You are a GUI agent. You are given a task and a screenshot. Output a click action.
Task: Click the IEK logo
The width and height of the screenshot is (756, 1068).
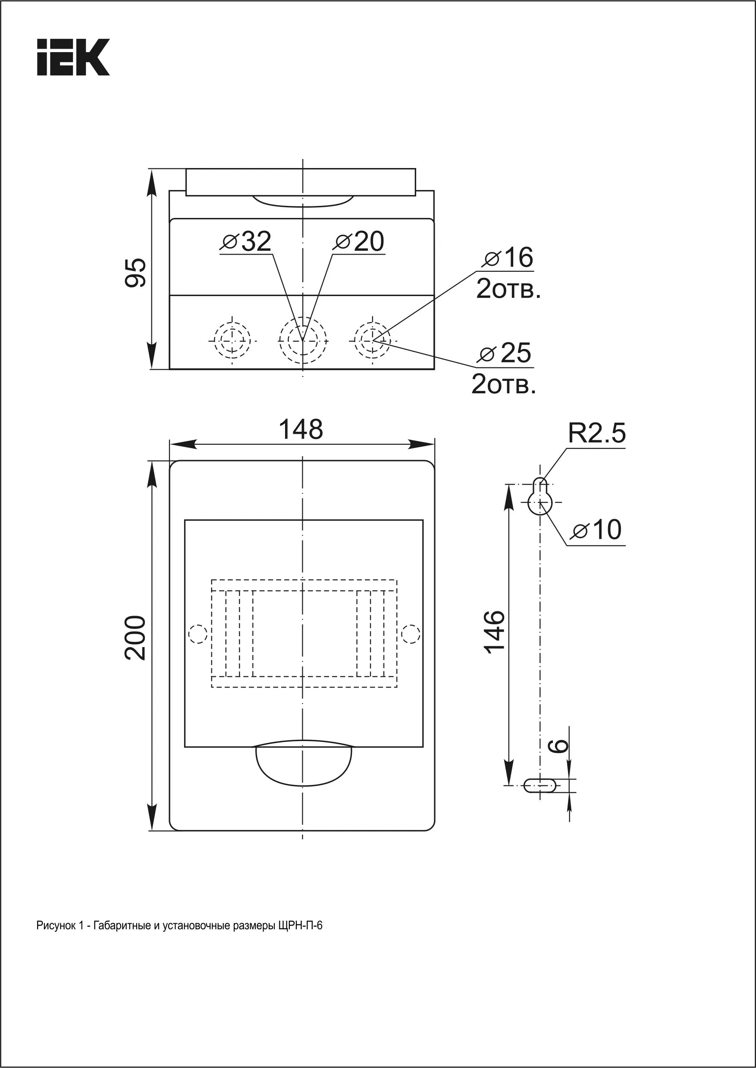[x=74, y=57]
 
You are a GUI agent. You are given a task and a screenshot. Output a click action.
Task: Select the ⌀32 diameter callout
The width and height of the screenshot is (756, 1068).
[x=246, y=242]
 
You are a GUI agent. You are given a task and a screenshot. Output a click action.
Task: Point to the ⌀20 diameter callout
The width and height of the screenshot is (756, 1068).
[x=359, y=242]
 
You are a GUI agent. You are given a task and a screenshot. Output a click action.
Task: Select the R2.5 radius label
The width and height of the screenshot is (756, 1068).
[x=597, y=434]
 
